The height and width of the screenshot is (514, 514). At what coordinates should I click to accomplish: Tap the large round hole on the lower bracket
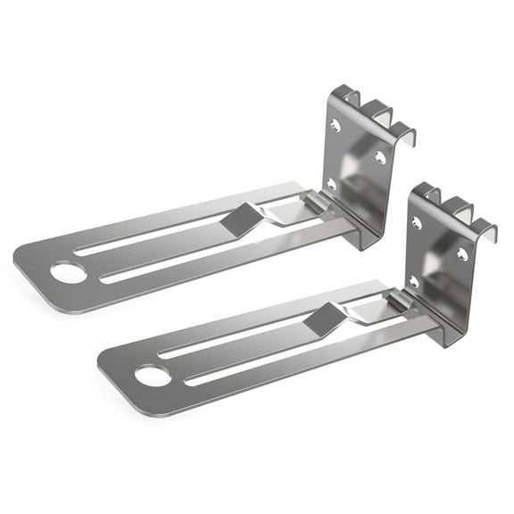click(x=152, y=375)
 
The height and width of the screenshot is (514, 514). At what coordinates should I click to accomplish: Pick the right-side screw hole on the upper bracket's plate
click(x=379, y=157)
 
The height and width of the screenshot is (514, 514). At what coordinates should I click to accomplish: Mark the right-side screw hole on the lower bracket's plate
click(x=461, y=254)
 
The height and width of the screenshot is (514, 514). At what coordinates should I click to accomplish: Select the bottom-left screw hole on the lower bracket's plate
click(x=413, y=282)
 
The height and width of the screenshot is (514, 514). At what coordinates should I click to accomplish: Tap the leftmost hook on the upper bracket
click(x=348, y=95)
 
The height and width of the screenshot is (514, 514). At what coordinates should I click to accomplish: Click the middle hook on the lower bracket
click(x=459, y=210)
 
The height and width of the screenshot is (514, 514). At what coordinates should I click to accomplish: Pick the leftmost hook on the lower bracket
click(x=430, y=194)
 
